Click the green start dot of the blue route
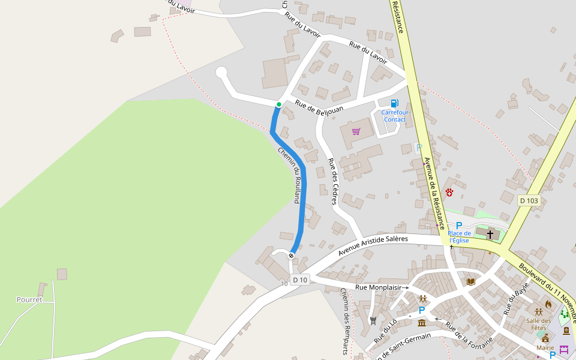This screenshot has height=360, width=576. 278,104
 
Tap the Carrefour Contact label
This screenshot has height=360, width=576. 394,116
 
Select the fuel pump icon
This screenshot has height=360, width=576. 394,103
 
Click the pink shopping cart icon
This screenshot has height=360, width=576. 356,131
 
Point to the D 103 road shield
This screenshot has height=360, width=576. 529,200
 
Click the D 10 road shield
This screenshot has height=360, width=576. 300,280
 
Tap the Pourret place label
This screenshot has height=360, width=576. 29,299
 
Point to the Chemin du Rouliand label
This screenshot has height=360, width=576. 289,175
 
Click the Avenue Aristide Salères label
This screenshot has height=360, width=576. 373,245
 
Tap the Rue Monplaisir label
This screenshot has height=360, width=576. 378,287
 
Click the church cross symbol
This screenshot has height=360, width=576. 490,233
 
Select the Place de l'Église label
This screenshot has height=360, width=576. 459,237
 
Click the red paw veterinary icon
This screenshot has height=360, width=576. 449,192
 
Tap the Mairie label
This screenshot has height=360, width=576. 545,347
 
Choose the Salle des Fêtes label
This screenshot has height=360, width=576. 539,324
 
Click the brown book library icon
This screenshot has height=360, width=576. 471,281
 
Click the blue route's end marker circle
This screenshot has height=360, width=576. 291,256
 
